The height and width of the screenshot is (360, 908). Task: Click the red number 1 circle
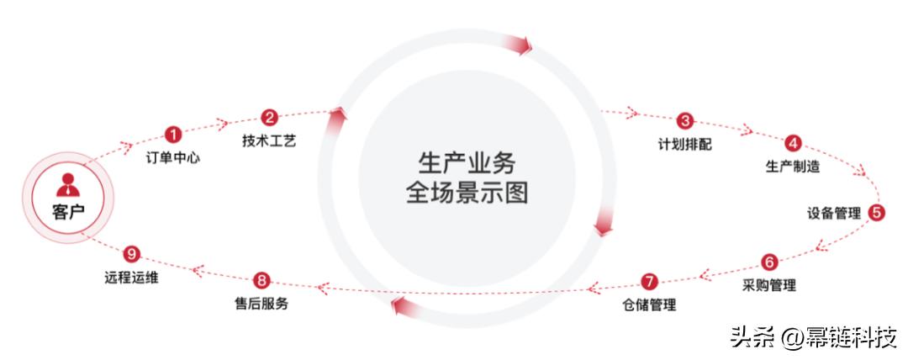(x=173, y=135)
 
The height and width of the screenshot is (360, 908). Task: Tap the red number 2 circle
(x=269, y=118)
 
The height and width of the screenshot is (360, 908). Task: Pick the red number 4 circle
(x=793, y=143)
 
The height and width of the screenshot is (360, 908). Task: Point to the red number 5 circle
(x=876, y=213)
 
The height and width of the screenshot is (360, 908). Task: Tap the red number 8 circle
(x=261, y=281)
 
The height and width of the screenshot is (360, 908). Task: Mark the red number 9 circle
(x=130, y=253)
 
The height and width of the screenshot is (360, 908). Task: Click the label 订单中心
(x=172, y=157)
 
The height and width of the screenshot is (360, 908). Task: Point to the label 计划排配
(x=684, y=144)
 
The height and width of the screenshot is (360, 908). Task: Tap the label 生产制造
(x=793, y=167)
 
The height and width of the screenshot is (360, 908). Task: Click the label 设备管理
(x=834, y=214)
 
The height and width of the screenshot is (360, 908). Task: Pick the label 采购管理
(x=769, y=285)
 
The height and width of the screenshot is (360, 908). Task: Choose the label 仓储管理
(x=648, y=304)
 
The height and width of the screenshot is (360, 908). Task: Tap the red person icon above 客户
(x=69, y=183)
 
